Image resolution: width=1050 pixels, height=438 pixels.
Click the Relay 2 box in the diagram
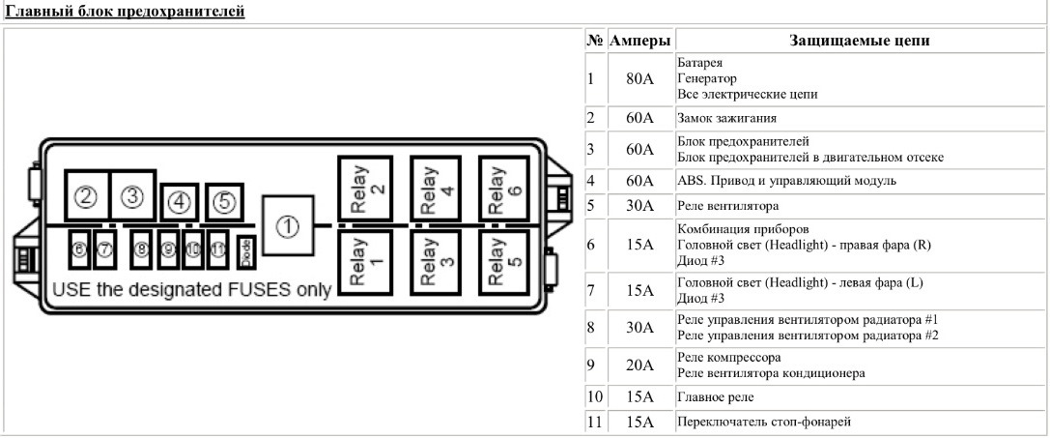click(365, 187)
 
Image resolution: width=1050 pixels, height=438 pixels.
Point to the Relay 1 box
click(365, 261)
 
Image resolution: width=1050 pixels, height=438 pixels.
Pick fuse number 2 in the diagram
click(86, 197)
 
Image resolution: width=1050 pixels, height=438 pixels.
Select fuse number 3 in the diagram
click(132, 196)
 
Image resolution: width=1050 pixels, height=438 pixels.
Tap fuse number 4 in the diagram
click(179, 202)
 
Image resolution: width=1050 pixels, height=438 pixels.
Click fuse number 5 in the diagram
click(223, 202)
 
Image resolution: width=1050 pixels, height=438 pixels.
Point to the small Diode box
click(245, 250)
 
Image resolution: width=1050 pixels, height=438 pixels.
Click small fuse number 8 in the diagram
click(142, 250)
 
